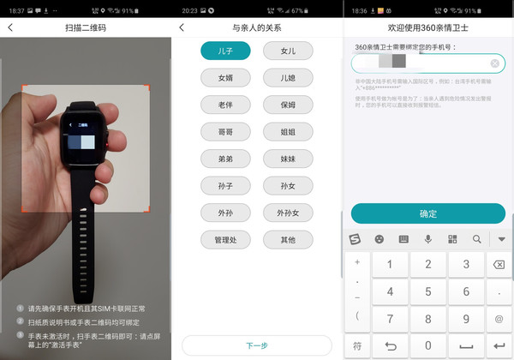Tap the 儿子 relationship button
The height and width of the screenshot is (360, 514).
click(x=225, y=51)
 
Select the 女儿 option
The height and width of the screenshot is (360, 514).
click(x=288, y=51)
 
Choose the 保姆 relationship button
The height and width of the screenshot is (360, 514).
click(x=288, y=105)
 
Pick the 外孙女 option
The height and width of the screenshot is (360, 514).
click(x=288, y=213)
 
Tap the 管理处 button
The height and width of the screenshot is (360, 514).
click(x=225, y=240)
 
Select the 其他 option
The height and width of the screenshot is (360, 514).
click(x=288, y=240)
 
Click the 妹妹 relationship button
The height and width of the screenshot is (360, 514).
click(x=288, y=159)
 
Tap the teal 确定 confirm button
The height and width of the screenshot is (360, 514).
click(x=427, y=213)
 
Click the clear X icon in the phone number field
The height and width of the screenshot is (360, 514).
click(x=495, y=63)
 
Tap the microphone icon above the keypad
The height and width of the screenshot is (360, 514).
click(x=427, y=239)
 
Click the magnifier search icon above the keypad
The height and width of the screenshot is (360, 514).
click(x=476, y=239)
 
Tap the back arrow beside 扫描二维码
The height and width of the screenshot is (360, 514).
click(x=10, y=27)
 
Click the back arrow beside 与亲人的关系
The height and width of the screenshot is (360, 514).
click(x=182, y=27)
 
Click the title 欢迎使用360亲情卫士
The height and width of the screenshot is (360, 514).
click(x=427, y=27)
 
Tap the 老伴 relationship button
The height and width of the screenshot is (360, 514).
click(x=225, y=105)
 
